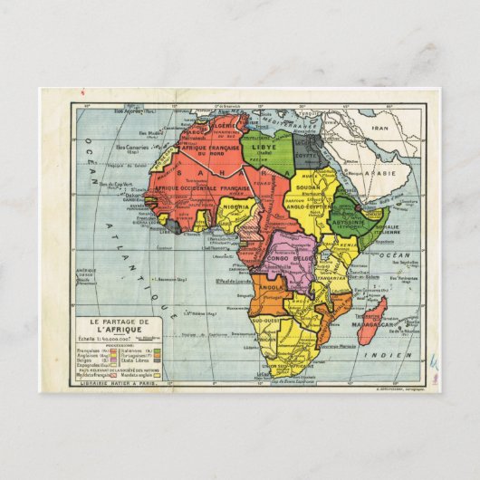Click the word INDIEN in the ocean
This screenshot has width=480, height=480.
click(x=389, y=356)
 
